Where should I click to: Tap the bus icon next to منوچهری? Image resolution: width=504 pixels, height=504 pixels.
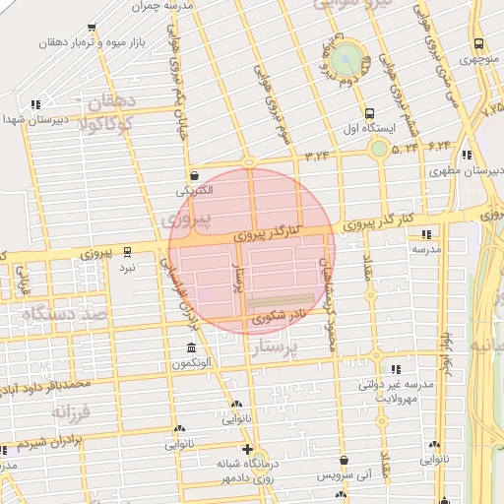pyautogui.click(x=479, y=43)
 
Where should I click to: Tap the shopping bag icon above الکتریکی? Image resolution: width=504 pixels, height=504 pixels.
pyautogui.click(x=194, y=169)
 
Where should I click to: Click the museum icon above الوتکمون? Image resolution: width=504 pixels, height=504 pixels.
pyautogui.click(x=190, y=348)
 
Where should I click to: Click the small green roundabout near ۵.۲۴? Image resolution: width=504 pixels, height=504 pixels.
pyautogui.click(x=379, y=149)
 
